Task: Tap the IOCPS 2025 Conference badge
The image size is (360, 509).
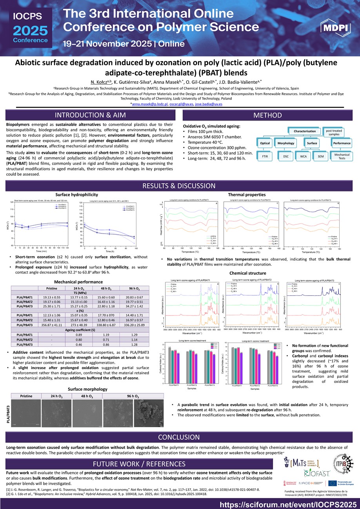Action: pos(31,28)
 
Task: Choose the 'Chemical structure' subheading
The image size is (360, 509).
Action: pos(247,273)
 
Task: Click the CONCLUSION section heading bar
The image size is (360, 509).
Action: pos(180,437)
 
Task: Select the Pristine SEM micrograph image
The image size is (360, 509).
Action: pos(26,412)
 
